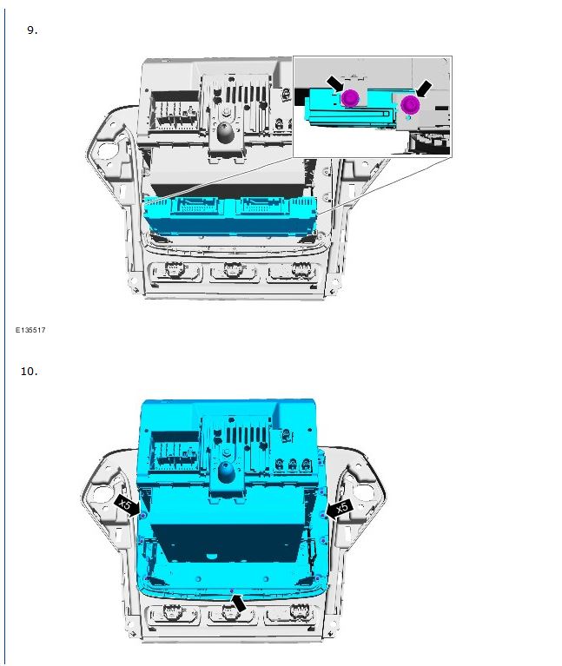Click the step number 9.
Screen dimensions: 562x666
[x=32, y=30]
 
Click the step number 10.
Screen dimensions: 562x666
[x=30, y=372]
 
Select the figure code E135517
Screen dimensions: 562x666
[x=30, y=330]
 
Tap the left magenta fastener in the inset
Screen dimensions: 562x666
[x=350, y=98]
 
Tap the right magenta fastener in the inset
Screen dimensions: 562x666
[x=410, y=104]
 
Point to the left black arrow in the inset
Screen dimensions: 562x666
[x=335, y=83]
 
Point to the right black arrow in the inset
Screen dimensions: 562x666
[x=424, y=89]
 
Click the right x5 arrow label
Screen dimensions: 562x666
[x=340, y=508]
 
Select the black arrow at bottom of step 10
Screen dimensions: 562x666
[x=239, y=603]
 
